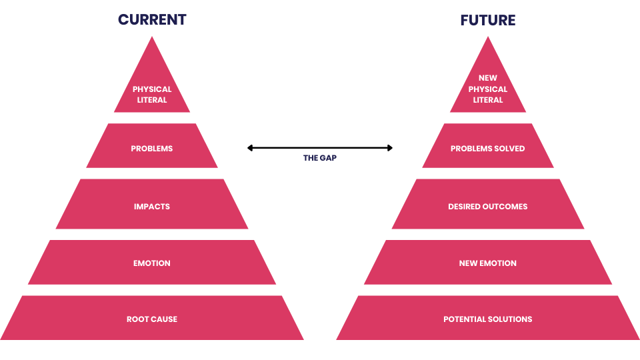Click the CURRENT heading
[152, 19]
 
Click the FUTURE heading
[488, 20]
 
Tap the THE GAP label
[320, 158]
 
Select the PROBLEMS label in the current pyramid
[152, 149]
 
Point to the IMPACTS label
[152, 207]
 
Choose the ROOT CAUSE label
[152, 319]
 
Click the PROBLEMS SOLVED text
[488, 149]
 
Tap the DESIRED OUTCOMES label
[488, 207]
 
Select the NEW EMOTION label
[488, 263]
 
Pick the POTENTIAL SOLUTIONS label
[488, 319]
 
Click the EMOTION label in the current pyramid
[152, 263]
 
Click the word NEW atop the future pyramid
[488, 78]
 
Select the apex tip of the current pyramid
[152, 37]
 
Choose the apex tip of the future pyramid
[488, 37]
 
